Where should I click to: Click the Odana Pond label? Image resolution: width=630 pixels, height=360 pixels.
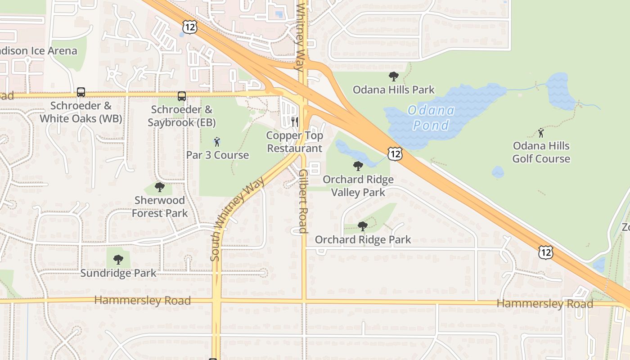pos(431,118)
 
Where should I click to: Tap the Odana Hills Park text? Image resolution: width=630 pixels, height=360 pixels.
pos(393,90)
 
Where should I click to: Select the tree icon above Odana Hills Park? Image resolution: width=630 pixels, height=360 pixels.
pos(393,76)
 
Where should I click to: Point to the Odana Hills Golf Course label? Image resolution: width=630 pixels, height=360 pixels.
pos(541,152)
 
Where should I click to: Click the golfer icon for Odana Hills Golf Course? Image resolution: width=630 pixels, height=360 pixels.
pos(541,133)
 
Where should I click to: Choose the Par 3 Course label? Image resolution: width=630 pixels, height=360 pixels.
pos(217,155)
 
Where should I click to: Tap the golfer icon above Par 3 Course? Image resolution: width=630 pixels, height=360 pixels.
pos(217,142)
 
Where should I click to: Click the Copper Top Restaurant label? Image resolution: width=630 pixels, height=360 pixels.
pos(294,142)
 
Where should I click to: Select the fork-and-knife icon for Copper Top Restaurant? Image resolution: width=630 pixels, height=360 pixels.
pos(295,121)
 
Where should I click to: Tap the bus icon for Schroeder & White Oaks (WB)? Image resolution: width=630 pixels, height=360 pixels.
pos(81,92)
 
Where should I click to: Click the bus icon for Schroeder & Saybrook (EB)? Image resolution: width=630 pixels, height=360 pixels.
pos(181,96)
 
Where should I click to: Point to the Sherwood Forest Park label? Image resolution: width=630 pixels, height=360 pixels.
pos(159,207)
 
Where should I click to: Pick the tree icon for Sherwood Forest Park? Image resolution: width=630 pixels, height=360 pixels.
pos(159,187)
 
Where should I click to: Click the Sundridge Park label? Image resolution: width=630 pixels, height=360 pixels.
pos(118,273)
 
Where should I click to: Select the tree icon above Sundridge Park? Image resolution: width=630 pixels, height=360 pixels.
pos(118,259)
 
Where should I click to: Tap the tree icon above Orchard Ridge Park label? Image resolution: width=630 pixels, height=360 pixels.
pos(362,226)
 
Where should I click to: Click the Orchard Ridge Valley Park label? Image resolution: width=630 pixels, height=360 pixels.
pos(358,186)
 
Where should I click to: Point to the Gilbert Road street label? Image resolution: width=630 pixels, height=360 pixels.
pos(302,201)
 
